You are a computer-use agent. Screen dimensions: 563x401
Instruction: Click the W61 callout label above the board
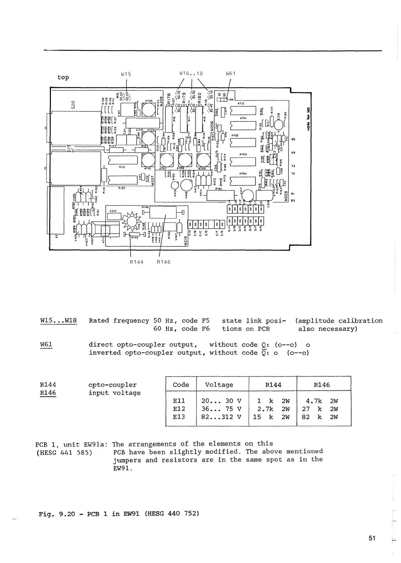click(x=231, y=74)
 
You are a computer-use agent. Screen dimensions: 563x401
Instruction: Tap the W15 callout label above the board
click(x=126, y=74)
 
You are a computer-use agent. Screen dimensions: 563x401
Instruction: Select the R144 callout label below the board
click(x=137, y=262)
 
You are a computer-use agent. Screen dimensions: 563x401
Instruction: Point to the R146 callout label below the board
click(x=164, y=262)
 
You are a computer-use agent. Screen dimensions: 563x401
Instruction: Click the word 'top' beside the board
click(x=63, y=77)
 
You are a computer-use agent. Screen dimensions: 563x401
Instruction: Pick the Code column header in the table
click(x=181, y=385)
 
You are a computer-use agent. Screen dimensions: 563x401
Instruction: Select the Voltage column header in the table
click(x=219, y=385)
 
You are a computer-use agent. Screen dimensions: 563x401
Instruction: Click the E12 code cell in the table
click(x=179, y=409)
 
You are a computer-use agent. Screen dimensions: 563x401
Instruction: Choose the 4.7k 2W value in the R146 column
click(x=322, y=401)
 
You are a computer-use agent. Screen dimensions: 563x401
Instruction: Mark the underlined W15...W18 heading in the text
click(x=59, y=321)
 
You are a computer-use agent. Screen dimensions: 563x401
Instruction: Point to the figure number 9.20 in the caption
click(x=67, y=513)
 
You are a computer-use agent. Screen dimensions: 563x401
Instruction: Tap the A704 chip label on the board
click(x=243, y=174)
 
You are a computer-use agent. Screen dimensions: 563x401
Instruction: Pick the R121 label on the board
click(x=122, y=166)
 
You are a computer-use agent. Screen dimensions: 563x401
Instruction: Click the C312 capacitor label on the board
click(x=113, y=211)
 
